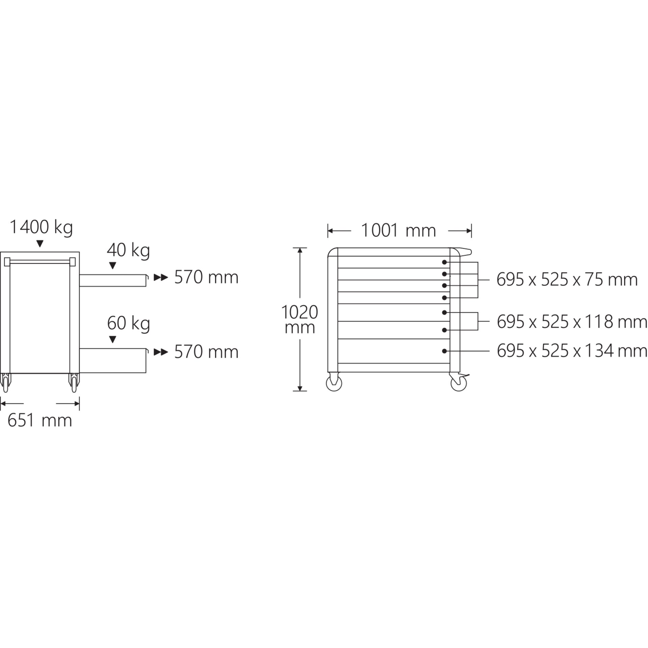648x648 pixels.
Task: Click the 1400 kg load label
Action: (41, 227)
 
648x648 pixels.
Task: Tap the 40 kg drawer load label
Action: (128, 251)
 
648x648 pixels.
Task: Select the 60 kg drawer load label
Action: (128, 323)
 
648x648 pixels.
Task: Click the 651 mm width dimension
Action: (40, 421)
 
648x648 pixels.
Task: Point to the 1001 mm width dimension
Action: (398, 231)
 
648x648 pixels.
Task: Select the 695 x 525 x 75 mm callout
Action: (567, 280)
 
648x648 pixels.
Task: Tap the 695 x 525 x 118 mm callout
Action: (572, 322)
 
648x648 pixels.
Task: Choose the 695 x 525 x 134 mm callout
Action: (572, 351)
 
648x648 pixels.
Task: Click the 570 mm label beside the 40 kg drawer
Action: (206, 277)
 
